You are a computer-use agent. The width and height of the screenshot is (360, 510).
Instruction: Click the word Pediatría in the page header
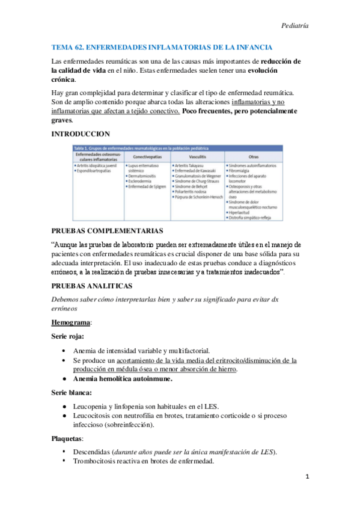[294, 26]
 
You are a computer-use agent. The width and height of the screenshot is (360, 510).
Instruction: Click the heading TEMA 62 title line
[162, 47]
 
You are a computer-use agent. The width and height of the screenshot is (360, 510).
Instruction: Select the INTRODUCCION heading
[81, 133]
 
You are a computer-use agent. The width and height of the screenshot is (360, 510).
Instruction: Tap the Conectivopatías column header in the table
[147, 156]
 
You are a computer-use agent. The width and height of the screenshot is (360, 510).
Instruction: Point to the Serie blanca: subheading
[71, 393]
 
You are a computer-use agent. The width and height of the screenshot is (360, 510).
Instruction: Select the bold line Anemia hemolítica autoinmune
[123, 379]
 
